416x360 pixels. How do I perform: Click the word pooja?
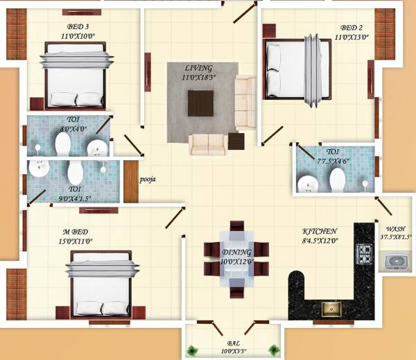tap(148, 179)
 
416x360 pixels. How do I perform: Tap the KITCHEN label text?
tap(320, 231)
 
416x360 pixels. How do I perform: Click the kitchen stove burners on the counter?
tap(364, 255)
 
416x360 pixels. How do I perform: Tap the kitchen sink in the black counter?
tap(329, 307)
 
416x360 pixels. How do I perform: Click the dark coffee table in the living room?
tap(201, 105)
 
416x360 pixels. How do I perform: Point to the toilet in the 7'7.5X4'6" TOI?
tap(337, 180)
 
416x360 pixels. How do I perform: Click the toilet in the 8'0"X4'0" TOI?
tap(62, 144)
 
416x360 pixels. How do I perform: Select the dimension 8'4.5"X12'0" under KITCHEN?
tap(320, 241)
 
